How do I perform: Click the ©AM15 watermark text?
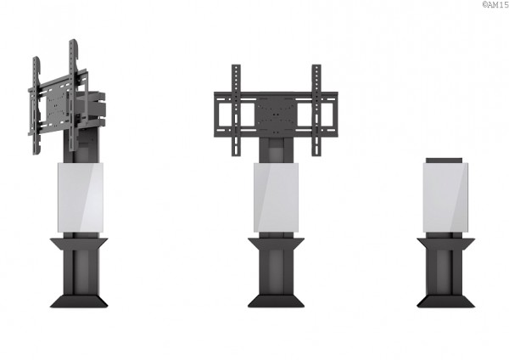495,4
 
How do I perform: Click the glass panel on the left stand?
81,198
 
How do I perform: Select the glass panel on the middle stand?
277,198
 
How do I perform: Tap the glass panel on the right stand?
445,198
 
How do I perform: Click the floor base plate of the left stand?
79,301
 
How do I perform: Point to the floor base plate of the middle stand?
277,301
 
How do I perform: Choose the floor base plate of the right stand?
445,301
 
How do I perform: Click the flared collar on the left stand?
79,244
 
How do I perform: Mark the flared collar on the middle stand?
277,244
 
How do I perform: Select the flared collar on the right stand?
445,244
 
